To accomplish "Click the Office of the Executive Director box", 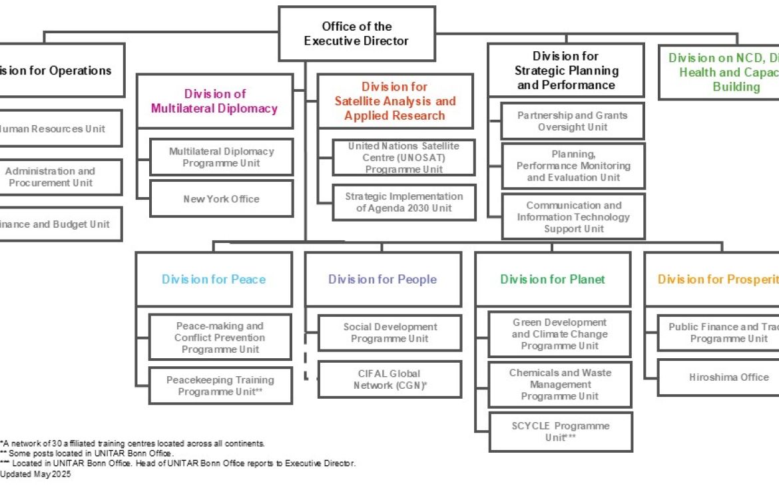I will [x=356, y=34].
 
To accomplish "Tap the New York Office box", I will [x=222, y=199].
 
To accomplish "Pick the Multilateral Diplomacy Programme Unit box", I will [x=222, y=157].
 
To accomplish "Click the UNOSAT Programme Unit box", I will [x=403, y=158].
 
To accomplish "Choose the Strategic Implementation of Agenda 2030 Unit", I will [x=403, y=202].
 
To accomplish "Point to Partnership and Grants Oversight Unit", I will [x=572, y=121].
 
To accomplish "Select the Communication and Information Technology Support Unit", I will [x=573, y=217].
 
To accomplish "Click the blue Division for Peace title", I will [x=214, y=280].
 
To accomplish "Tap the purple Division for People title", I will [x=383, y=280].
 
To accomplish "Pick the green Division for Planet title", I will [x=553, y=280].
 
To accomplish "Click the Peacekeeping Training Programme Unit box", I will [x=220, y=386].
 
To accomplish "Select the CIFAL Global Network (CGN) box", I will [x=389, y=379].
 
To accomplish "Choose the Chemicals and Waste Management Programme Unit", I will [x=559, y=385].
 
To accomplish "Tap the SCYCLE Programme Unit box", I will [x=560, y=431].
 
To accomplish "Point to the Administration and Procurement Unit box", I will [x=51, y=177].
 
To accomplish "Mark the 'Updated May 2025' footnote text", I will [x=36, y=475].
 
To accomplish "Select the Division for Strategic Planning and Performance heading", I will [x=566, y=71].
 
